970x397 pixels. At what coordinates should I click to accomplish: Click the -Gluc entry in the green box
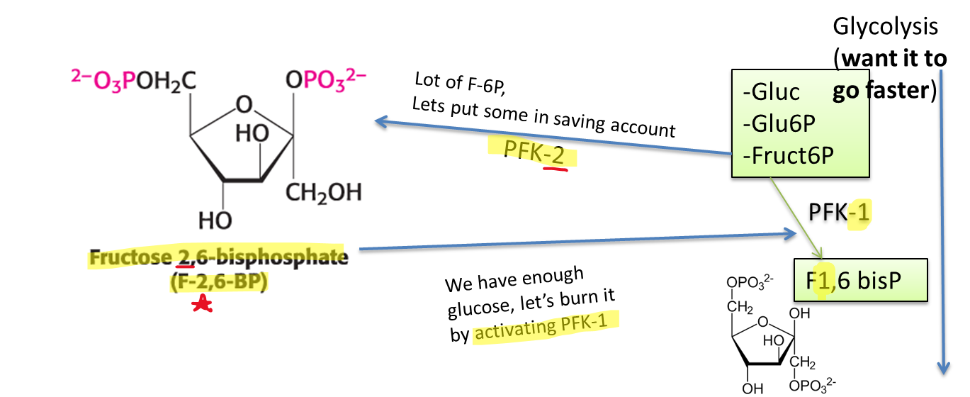click(772, 92)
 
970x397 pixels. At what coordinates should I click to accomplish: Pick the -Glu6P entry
click(779, 123)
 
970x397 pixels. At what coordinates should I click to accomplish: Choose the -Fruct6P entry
click(789, 155)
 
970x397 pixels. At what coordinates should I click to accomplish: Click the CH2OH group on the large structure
click(324, 192)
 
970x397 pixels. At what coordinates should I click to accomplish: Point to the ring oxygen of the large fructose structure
click(244, 105)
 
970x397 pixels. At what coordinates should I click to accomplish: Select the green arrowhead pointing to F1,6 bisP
click(820, 255)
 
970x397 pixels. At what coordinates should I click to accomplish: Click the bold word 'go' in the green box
click(843, 92)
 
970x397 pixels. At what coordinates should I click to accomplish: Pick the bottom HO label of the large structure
click(215, 221)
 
